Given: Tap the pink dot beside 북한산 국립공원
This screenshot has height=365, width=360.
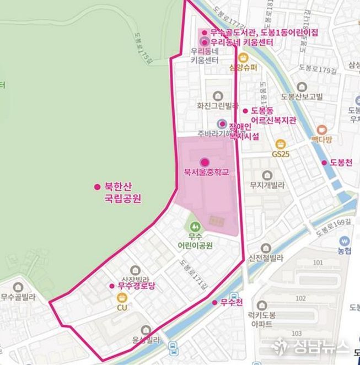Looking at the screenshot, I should coord(97,186).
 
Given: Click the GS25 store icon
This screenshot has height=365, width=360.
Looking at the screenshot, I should coord(280,144).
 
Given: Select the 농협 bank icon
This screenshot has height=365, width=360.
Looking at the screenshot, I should coord(345,241).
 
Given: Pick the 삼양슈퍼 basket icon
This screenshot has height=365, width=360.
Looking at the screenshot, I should coord(243,57).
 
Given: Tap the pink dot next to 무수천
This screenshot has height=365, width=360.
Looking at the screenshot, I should coord(215,302).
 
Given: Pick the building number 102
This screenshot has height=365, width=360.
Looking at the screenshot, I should coord(316,298).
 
